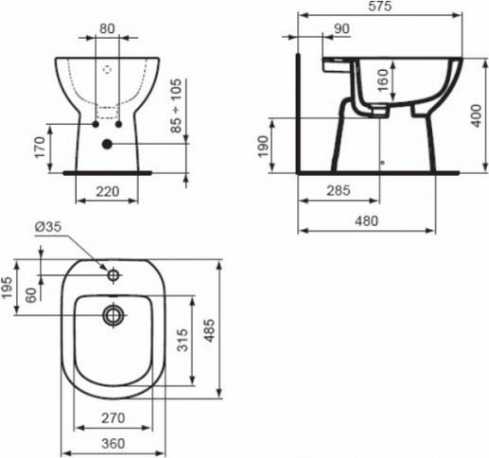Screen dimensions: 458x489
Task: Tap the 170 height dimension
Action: (39, 147)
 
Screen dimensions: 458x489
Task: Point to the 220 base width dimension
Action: (107, 190)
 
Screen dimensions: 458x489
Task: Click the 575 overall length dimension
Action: (384, 8)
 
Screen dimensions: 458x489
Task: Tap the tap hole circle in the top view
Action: (114, 275)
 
